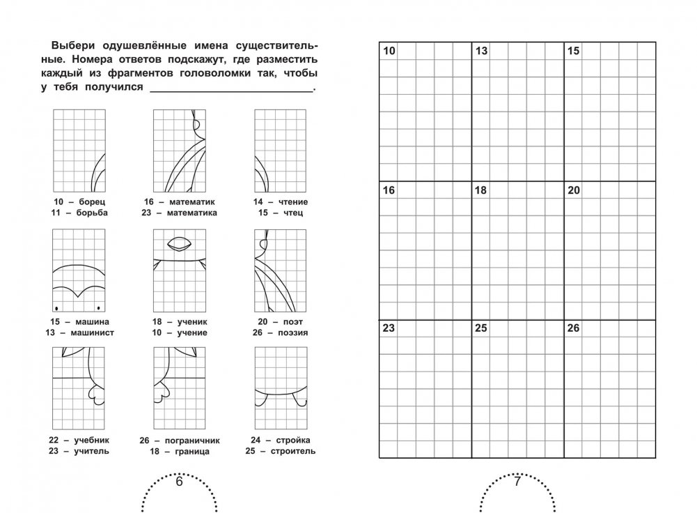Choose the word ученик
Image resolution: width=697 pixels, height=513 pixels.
(189, 321)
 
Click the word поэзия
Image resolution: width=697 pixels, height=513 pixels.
(289, 332)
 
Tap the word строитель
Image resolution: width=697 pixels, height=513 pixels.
(288, 451)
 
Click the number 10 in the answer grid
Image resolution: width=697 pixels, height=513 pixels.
(389, 51)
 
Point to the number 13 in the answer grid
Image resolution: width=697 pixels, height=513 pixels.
(480, 51)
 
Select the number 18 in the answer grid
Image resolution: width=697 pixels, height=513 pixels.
(480, 190)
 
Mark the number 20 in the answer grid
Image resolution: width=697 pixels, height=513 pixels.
(573, 190)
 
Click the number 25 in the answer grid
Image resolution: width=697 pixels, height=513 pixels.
(480, 328)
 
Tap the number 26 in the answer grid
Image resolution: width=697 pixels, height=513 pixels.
(573, 328)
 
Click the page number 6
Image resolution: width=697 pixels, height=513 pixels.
(178, 482)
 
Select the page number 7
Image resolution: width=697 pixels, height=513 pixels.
(517, 482)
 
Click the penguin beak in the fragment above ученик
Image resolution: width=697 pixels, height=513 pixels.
(179, 245)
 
